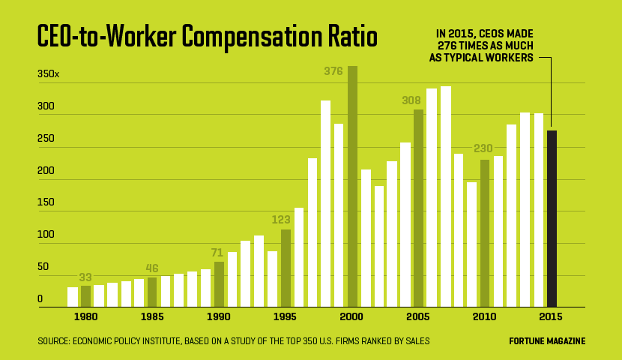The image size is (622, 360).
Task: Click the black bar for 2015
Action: (x=552, y=218)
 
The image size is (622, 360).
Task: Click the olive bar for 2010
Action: (x=485, y=232)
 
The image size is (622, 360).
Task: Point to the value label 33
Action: (x=85, y=277)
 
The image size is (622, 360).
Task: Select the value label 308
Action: (x=411, y=100)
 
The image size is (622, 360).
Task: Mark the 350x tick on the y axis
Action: (x=48, y=74)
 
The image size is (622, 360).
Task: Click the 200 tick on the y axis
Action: (x=46, y=171)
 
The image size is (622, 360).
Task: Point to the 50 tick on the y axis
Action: (x=43, y=267)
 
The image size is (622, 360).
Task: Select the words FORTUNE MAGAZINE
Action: (x=547, y=341)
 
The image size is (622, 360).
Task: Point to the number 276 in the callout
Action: (x=450, y=45)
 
